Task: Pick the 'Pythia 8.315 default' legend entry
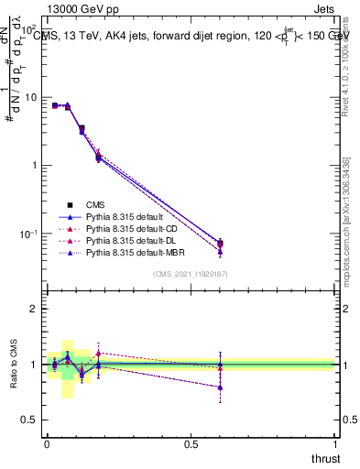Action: click(x=124, y=216)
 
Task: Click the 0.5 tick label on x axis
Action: click(x=191, y=443)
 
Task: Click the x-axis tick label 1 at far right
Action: click(x=335, y=443)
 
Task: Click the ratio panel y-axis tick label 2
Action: click(x=35, y=309)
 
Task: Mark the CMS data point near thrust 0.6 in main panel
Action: click(x=220, y=244)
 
